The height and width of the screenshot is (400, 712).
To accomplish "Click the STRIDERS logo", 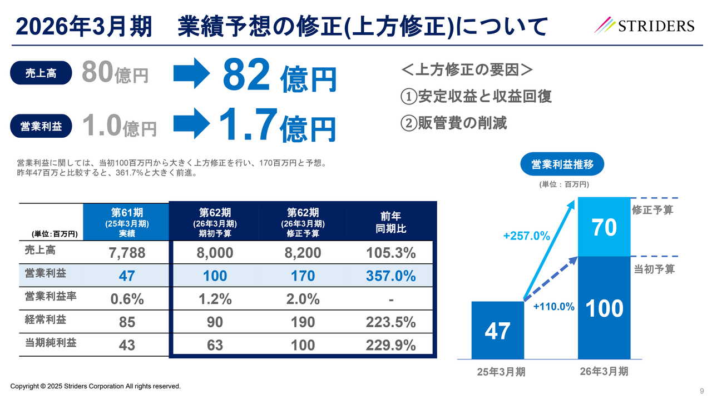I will (644, 25).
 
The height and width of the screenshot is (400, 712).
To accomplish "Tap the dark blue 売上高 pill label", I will (41, 73).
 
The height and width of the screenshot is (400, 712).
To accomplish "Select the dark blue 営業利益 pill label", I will (41, 126).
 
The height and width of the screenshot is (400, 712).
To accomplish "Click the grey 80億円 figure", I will (115, 72).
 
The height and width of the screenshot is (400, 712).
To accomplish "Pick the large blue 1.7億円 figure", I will (276, 126).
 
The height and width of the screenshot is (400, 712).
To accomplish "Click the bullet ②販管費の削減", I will (454, 123).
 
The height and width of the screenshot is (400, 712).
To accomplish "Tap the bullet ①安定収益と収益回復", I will (476, 96).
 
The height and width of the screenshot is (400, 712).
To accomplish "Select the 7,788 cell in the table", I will (127, 253).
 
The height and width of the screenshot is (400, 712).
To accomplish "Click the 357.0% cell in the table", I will (390, 276).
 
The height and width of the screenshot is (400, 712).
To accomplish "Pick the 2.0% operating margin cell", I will (303, 299).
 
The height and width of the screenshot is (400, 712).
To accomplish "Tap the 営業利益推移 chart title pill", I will (561, 164).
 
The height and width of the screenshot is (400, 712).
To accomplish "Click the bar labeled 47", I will (497, 331).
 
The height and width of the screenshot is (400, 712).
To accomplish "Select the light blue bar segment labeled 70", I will (604, 227).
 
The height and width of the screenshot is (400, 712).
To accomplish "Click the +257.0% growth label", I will (526, 236).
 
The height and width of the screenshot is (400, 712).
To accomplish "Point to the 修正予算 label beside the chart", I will (654, 209).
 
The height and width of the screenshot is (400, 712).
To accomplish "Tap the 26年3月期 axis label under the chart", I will (604, 371).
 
